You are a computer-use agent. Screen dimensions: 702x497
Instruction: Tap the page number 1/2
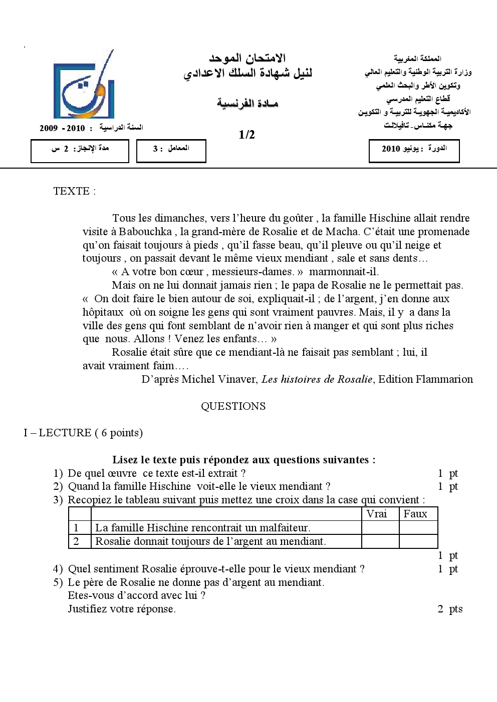pyautogui.click(x=247, y=135)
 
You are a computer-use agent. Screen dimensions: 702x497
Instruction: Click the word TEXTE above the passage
pyautogui.click(x=71, y=191)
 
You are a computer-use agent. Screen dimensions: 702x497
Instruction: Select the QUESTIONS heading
pyautogui.click(x=233, y=406)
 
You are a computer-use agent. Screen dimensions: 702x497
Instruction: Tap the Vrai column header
pyautogui.click(x=377, y=514)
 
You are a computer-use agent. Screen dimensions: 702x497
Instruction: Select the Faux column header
pyautogui.click(x=415, y=514)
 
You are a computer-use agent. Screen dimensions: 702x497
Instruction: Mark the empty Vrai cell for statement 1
pyautogui.click(x=380, y=528)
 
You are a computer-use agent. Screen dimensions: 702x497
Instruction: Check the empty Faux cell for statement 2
pyautogui.click(x=418, y=541)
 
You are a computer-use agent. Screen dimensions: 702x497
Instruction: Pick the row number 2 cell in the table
pyautogui.click(x=77, y=541)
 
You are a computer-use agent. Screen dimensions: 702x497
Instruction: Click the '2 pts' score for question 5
pyautogui.click(x=450, y=609)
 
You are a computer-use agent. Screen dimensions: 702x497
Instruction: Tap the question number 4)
pyautogui.click(x=58, y=569)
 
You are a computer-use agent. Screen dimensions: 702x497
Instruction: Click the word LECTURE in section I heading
pyautogui.click(x=65, y=433)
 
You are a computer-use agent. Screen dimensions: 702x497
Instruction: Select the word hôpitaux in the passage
pyautogui.click(x=103, y=312)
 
